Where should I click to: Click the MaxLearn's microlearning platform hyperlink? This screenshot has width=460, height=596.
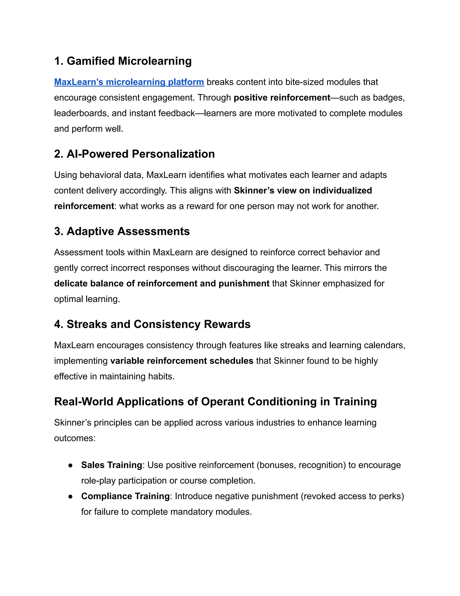(x=129, y=82)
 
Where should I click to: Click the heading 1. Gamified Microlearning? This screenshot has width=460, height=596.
(x=123, y=61)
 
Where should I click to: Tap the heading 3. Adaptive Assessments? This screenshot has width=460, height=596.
(x=122, y=231)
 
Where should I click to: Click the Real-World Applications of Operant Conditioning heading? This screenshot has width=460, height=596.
(x=215, y=402)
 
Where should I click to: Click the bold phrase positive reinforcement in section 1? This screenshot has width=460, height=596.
(x=282, y=97)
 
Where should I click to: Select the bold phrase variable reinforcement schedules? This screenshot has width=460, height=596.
(x=182, y=361)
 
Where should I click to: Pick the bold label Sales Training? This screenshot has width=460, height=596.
(x=111, y=465)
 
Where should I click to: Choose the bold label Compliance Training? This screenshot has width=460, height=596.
(x=125, y=496)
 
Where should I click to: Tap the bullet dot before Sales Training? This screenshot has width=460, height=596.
(x=70, y=465)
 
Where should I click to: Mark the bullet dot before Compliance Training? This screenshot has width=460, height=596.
(x=70, y=496)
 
